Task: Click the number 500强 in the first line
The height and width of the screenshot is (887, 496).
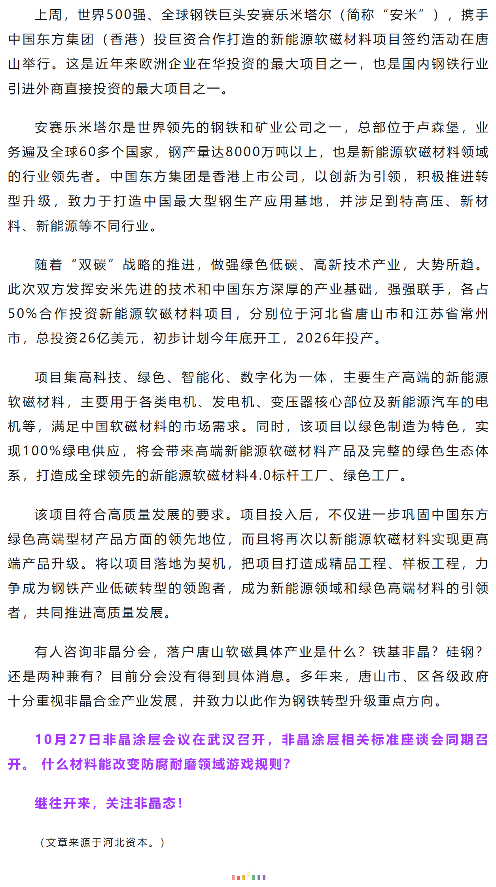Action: coord(126,15)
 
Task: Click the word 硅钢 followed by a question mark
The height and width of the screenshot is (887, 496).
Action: coord(459,652)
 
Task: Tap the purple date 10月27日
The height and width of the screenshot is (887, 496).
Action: coord(68,740)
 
